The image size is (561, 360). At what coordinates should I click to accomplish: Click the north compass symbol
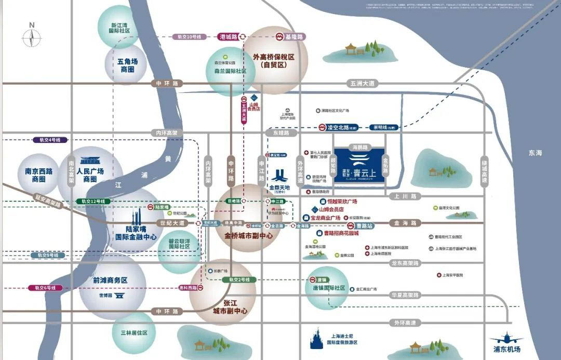[32, 36]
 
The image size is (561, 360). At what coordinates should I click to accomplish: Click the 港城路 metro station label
[229, 37]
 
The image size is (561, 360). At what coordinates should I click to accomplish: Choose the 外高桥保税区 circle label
[273, 61]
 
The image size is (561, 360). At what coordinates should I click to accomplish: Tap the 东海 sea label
[535, 153]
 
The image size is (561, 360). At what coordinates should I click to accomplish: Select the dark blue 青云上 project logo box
[359, 164]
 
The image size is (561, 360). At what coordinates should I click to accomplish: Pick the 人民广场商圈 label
[90, 175]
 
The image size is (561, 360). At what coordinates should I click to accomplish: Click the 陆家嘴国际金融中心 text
[136, 232]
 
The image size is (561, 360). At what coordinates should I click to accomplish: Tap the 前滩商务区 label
[110, 280]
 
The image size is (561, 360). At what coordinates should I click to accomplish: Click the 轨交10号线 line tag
[189, 37]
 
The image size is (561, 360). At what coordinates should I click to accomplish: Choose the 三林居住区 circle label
[133, 332]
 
